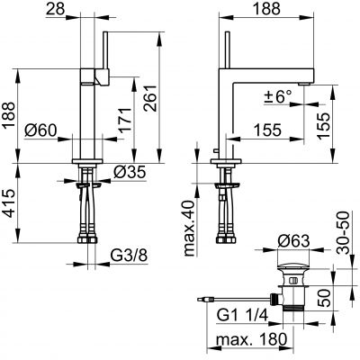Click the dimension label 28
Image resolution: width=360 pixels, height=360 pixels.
coord(56,9)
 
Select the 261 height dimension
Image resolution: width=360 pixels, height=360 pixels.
coord(150,98)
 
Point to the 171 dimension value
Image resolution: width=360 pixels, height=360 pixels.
coord(125,120)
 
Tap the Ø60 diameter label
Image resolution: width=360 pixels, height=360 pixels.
coord(40,130)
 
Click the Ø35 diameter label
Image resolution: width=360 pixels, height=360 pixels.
coord(130,172)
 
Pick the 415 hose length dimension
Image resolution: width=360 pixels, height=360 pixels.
coord(9,203)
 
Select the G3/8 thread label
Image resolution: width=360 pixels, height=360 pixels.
coord(129,256)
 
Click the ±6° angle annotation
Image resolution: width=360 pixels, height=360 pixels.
coord(278,96)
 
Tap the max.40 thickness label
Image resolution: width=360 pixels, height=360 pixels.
coord(189,228)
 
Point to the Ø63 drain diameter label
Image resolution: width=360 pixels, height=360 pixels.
coord(293,241)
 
